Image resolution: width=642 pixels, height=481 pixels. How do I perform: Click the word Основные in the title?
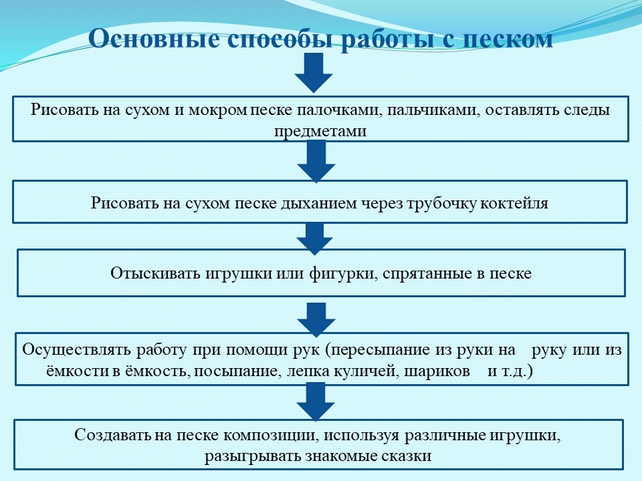(153, 39)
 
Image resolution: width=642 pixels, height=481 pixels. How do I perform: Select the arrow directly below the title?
(314, 72)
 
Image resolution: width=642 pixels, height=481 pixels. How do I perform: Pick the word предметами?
(320, 132)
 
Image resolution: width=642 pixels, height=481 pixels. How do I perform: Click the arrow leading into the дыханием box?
(316, 161)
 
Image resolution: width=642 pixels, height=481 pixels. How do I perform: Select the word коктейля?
(514, 203)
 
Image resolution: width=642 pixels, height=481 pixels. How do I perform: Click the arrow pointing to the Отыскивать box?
(314, 239)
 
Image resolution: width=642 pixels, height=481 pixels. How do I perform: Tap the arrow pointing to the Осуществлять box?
(316, 319)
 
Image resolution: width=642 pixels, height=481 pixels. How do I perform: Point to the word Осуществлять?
(76, 350)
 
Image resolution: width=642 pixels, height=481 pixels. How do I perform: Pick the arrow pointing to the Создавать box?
(316, 402)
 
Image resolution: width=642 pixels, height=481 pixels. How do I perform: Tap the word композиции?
(271, 435)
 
